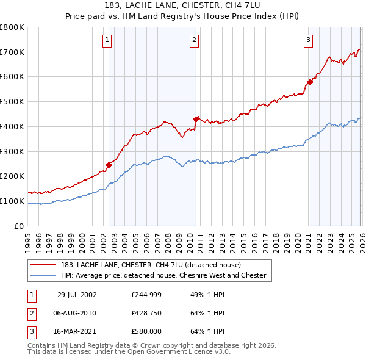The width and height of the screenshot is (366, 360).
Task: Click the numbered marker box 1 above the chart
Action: click(107, 41)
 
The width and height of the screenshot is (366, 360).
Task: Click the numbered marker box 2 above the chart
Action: click(194, 41)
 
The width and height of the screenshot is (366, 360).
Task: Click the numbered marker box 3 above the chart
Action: click(308, 41)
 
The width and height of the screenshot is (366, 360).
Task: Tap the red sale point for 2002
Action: click(109, 164)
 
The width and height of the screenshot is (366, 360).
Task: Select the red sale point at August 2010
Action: click(196, 119)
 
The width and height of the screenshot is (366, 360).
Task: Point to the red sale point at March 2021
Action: click(310, 81)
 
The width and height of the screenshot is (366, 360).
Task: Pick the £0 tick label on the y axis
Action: click(19, 226)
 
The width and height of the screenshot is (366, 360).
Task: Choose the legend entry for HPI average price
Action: click(163, 275)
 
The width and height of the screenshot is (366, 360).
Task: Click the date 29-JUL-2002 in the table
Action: click(77, 294)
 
